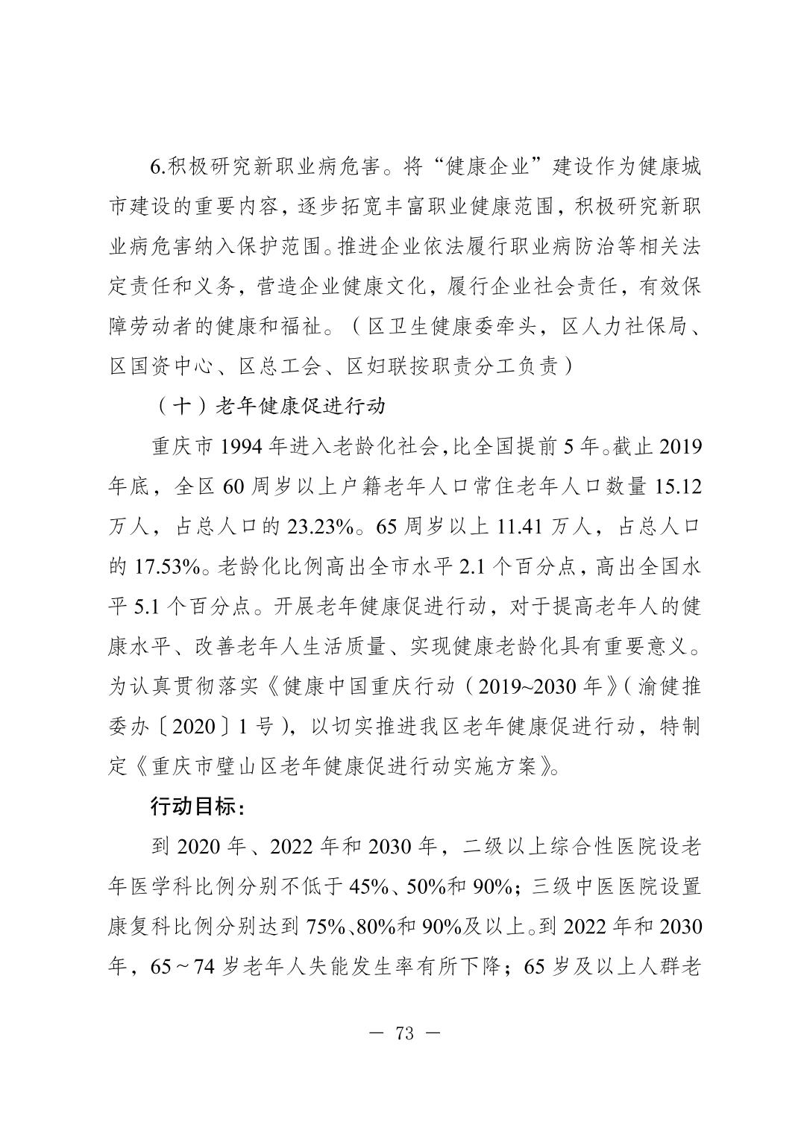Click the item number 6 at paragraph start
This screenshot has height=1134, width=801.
tap(155, 167)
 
